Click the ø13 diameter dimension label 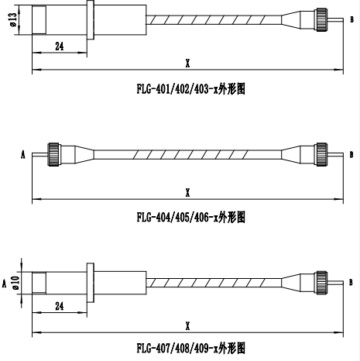(13, 19)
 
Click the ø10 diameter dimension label (15, 283)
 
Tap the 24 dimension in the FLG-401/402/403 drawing (60, 46)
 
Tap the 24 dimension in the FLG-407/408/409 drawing (60, 306)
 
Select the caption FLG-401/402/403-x (177, 89)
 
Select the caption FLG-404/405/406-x (177, 217)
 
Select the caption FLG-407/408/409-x (177, 349)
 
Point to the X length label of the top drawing (187, 63)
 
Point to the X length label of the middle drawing (187, 192)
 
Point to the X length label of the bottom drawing (187, 326)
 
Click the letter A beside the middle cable (23, 155)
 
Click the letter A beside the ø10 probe (4, 284)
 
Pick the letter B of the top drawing (351, 19)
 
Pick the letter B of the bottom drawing (351, 282)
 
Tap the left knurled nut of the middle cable (53, 154)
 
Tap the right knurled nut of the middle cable (322, 154)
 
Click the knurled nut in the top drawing (322, 19)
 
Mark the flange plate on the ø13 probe (91, 20)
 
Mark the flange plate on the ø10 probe (91, 283)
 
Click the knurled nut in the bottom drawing (322, 283)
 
